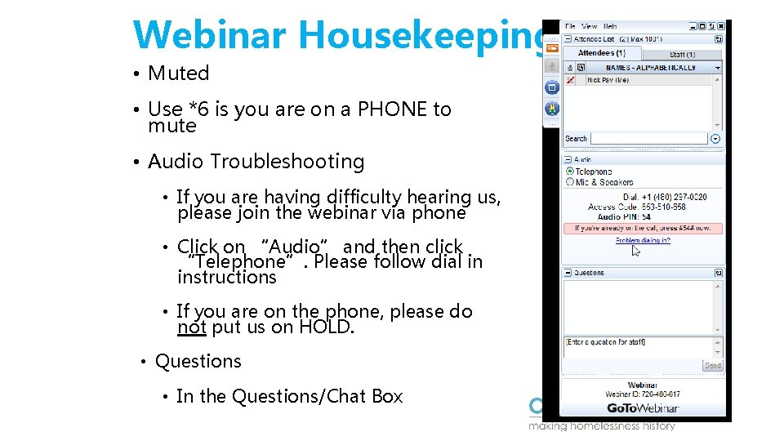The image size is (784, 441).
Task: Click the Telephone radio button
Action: pos(570,171)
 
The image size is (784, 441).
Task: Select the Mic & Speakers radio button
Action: pos(570,182)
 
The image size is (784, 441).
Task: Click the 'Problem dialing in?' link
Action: pos(643,241)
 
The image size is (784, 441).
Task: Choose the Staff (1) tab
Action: pos(682,54)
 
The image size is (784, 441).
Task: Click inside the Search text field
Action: pos(648,139)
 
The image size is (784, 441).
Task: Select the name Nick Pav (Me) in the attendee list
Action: pos(608,80)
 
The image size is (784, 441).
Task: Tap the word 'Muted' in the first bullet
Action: pos(178,73)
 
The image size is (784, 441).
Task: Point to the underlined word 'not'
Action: pos(191,327)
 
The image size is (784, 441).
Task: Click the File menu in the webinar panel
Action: pos(570,26)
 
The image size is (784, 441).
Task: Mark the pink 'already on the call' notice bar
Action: pos(642,229)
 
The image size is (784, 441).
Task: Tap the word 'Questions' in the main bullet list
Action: pos(198,361)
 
